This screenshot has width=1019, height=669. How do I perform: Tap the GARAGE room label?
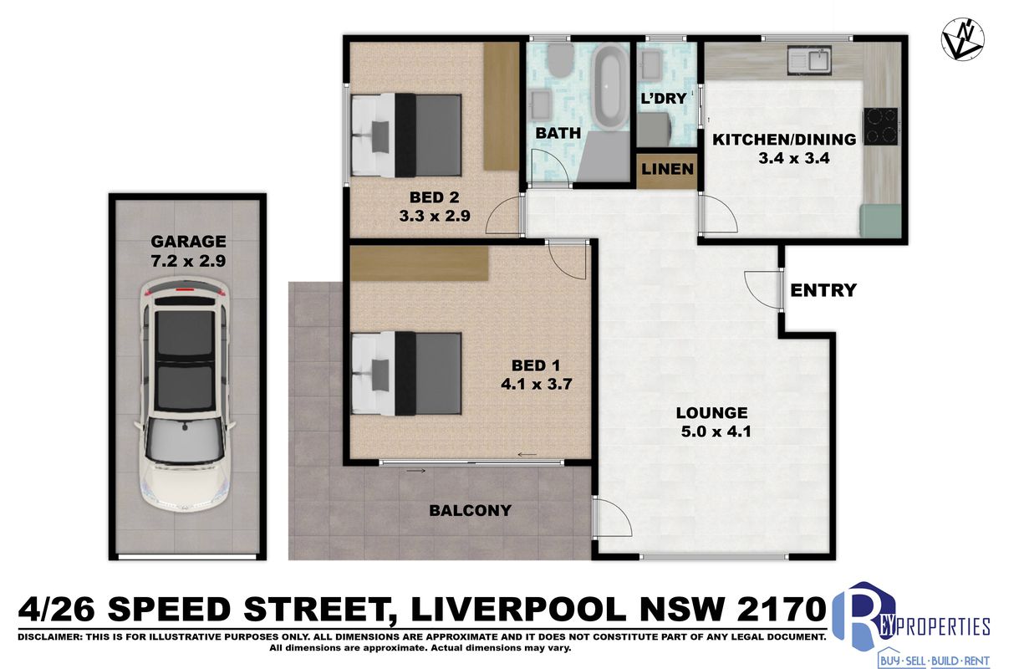pyautogui.click(x=188, y=241)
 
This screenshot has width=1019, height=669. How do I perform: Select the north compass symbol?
pyautogui.click(x=963, y=38)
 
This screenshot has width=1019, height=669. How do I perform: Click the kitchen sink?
pyautogui.click(x=809, y=59)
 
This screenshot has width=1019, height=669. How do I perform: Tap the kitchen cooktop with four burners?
pyautogui.click(x=881, y=126)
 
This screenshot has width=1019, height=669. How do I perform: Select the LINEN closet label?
pyautogui.click(x=667, y=169)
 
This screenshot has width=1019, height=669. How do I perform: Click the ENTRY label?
pyautogui.click(x=823, y=290)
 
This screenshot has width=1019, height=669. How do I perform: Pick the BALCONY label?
pyautogui.click(x=471, y=511)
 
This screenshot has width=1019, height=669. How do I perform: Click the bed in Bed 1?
pyautogui.click(x=407, y=374)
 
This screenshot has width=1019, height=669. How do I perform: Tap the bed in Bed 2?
pyautogui.click(x=407, y=135)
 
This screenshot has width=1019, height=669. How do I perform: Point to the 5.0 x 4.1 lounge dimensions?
pyautogui.click(x=716, y=432)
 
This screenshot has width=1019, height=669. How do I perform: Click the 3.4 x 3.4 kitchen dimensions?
pyautogui.click(x=794, y=158)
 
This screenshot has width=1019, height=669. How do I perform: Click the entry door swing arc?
pyautogui.click(x=762, y=289)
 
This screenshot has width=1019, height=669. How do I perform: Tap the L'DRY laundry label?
pyautogui.click(x=664, y=99)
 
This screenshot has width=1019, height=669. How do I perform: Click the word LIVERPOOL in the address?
pyautogui.click(x=518, y=609)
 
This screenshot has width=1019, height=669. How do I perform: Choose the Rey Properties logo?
pyautogui.click(x=910, y=625)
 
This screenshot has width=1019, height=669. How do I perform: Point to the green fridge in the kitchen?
pyautogui.click(x=881, y=221)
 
